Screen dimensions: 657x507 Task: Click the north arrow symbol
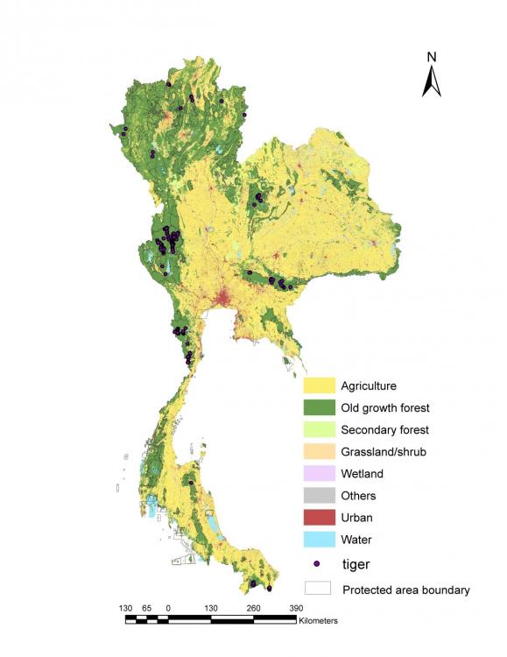[431, 81]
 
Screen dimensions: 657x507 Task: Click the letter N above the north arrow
[432, 58]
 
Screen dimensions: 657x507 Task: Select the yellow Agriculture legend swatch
[320, 385]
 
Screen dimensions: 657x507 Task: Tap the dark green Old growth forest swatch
[320, 407]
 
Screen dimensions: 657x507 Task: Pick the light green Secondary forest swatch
[320, 429]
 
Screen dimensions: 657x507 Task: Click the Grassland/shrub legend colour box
[320, 452]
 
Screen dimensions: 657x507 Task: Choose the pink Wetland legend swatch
[320, 474]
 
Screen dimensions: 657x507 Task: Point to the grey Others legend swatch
[320, 496]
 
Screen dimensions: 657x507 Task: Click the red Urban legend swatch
[320, 518]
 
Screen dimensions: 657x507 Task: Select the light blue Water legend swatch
[320, 540]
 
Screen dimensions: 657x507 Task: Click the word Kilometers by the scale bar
[318, 620]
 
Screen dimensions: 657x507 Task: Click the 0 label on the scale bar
[168, 607]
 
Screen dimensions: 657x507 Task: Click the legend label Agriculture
[369, 385]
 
